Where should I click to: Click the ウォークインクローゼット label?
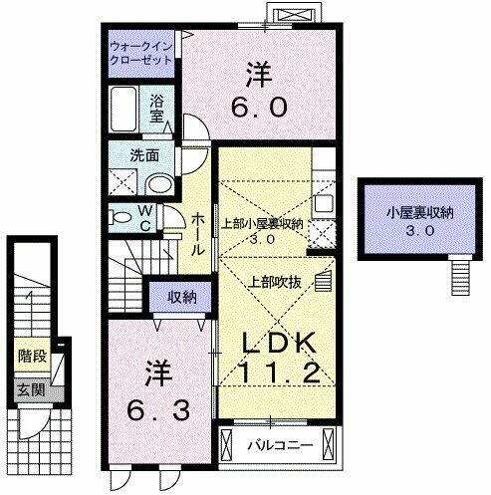141,52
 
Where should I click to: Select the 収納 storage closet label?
180,296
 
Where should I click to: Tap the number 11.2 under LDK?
281,374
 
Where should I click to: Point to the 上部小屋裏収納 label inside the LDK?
262,224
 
